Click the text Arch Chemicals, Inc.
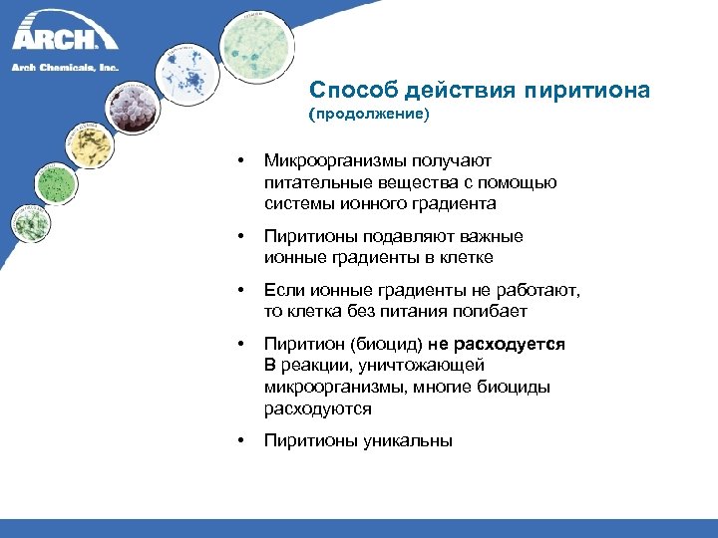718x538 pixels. tap(65, 68)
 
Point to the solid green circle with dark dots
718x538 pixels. tap(57, 182)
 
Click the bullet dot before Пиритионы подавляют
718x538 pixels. tap(239, 236)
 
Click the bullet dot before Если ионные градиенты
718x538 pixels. tap(239, 290)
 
